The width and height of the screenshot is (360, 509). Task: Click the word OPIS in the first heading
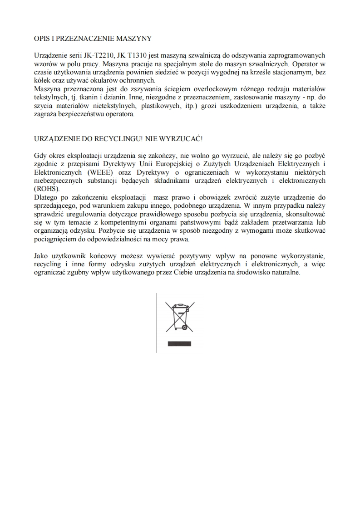click(x=42, y=39)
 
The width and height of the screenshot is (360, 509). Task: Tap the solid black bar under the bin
click(x=180, y=343)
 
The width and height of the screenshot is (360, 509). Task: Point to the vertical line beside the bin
click(x=157, y=322)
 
